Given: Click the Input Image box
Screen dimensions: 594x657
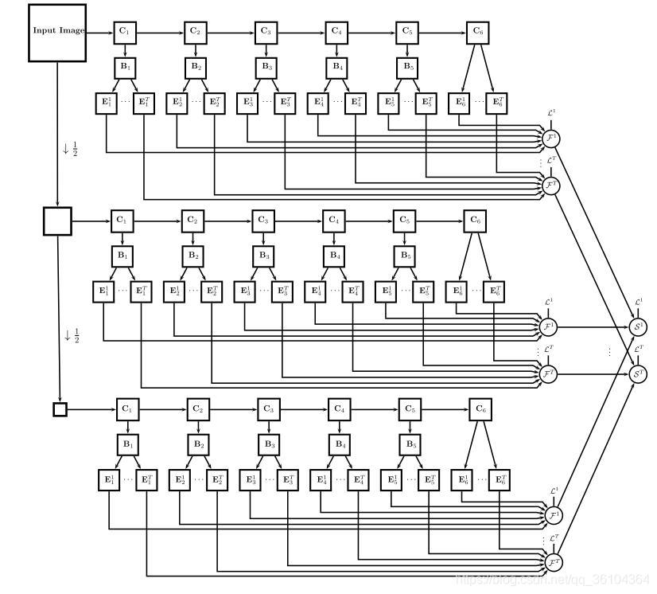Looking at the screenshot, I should coord(57,32).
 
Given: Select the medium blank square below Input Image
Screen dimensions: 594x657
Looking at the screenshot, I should coord(57,221).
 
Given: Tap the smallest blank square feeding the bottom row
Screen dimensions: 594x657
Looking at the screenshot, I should coord(60,409).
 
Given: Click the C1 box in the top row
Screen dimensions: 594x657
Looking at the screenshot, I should coord(124,33).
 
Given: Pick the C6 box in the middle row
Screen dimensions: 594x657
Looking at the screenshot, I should coord(475,221).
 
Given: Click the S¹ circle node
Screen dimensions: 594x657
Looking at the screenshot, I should coord(638,326).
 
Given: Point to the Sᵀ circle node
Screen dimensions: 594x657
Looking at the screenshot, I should coord(638,373).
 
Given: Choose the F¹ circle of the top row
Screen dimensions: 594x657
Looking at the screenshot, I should coord(551,138).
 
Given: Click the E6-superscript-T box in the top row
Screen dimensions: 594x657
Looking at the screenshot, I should coord(498,103).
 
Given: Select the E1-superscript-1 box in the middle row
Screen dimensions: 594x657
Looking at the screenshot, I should coord(103,291).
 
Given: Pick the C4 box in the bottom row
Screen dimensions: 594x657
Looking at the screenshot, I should coord(340,409).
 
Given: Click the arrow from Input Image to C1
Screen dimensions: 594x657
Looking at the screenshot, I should coord(99,33).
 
